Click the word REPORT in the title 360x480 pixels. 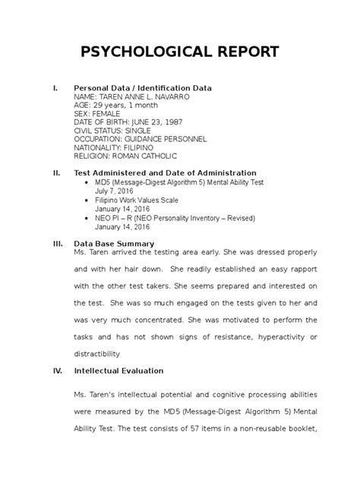pyautogui.click(x=247, y=53)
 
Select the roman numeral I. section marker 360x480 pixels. pyautogui.click(x=53, y=89)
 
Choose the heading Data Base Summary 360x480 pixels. pyautogui.click(x=113, y=244)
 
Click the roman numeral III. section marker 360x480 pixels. pyautogui.click(x=55, y=244)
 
